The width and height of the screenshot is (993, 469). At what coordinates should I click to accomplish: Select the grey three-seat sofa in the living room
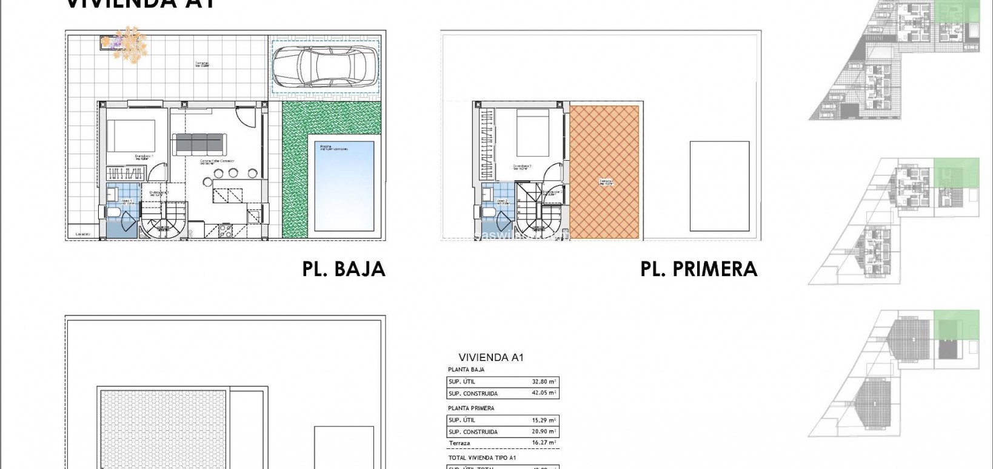coord(198,144)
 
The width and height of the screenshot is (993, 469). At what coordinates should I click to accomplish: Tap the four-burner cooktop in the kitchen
coord(224,231)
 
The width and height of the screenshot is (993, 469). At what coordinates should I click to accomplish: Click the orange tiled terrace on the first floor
coord(604,173)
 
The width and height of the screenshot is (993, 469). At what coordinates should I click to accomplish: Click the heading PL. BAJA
coord(344,269)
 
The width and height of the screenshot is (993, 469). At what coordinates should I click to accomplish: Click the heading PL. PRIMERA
coord(698,269)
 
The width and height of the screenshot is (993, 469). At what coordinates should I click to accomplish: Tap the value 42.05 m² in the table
coord(543,393)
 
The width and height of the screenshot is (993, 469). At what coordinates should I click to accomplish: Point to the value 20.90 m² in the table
coord(543,431)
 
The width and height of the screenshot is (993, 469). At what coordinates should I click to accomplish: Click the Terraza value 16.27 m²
coord(543,443)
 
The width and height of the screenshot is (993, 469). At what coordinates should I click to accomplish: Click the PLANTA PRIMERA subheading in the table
coord(471,408)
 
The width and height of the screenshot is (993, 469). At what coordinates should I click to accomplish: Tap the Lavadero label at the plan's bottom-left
coord(82,234)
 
